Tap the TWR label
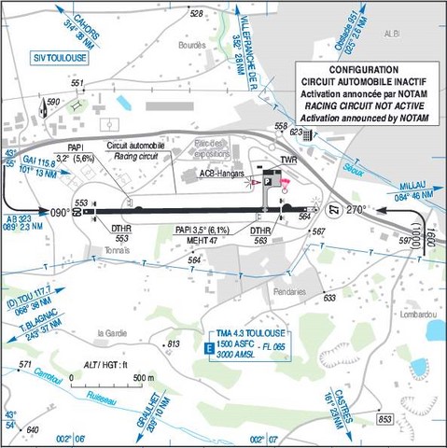click(x=274, y=161)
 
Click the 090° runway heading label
click(x=60, y=212)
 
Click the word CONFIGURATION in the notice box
click(x=363, y=70)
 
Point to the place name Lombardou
click(x=415, y=315)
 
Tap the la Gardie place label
click(x=113, y=331)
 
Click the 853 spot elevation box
click(x=385, y=420)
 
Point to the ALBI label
click(x=419, y=29)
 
